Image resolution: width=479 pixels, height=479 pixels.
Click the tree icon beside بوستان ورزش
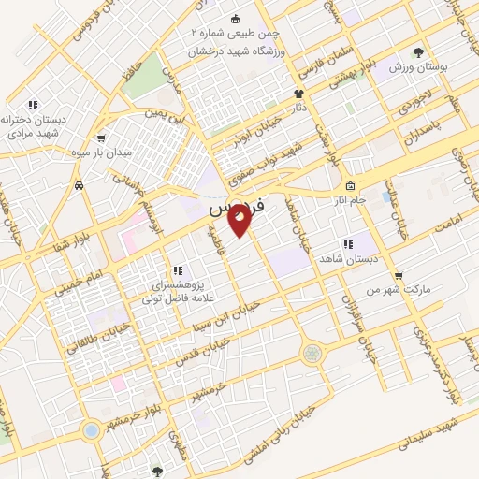tap(418, 52)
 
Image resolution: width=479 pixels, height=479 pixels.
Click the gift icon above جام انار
tap(349, 185)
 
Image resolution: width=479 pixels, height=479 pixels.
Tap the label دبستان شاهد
tap(347, 257)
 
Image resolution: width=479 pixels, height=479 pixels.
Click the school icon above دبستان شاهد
tap(347, 243)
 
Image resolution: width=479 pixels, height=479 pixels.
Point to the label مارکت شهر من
tap(399, 290)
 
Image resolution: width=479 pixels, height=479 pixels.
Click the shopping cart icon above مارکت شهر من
tap(399, 276)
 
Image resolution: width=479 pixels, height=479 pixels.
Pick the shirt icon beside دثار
tap(298, 94)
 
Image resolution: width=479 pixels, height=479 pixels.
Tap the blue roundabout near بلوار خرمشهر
tap(91, 430)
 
